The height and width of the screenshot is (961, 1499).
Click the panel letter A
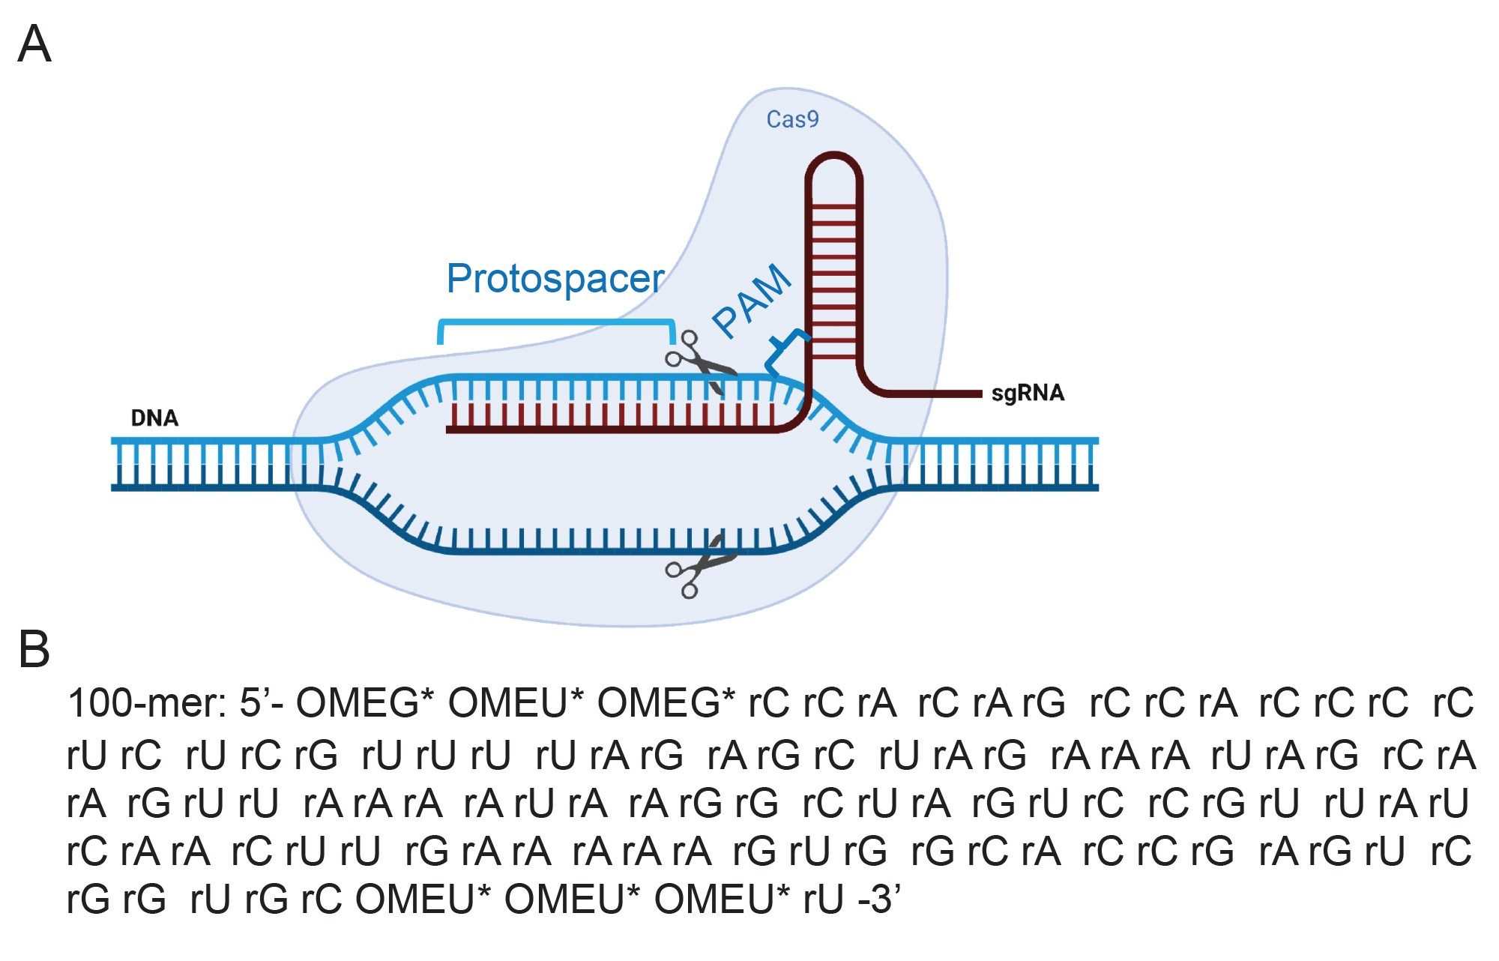coord(34,44)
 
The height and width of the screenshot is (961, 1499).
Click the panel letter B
coord(34,649)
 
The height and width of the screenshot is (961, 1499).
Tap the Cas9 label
coord(792,120)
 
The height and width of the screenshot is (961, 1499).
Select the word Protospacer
coord(555,279)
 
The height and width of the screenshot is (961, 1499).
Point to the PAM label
coord(752,301)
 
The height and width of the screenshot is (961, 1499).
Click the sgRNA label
coord(1027,394)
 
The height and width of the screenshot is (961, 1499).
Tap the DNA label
coord(154,418)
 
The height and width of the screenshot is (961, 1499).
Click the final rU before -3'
coord(824,900)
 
